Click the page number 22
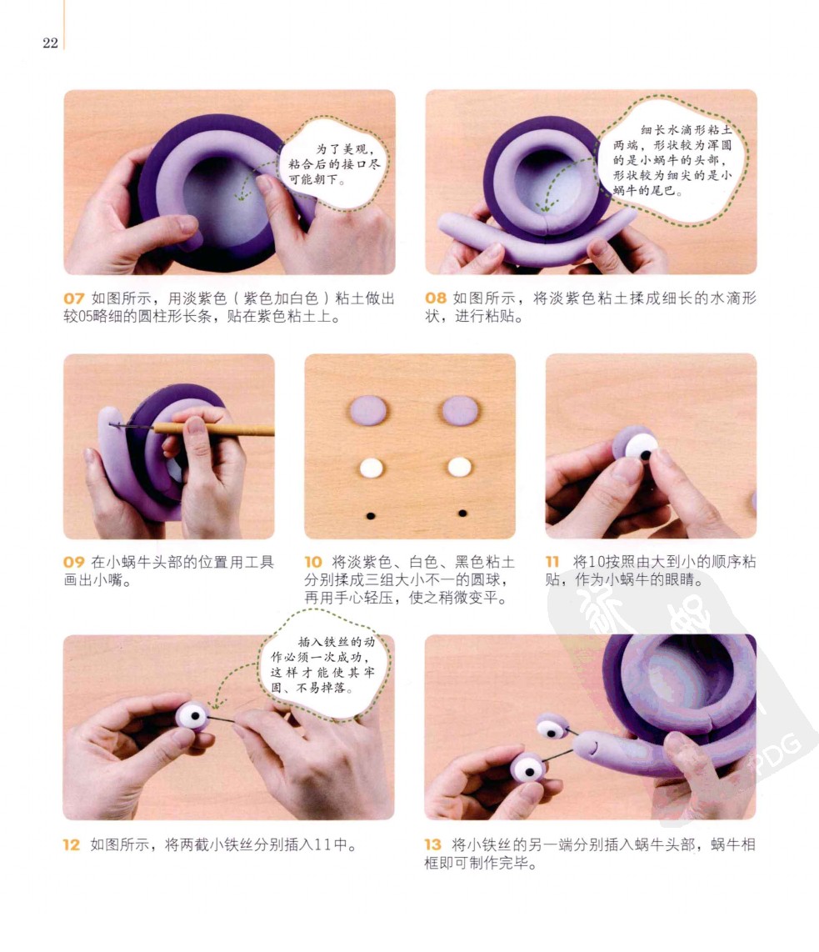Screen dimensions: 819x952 pyautogui.click(x=50, y=43)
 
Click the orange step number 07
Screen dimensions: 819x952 pyautogui.click(x=73, y=298)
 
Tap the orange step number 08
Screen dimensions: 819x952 pyautogui.click(x=436, y=298)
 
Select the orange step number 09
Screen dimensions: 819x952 pyautogui.click(x=73, y=562)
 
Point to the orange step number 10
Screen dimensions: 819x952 pyautogui.click(x=313, y=562)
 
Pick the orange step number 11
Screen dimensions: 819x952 pyautogui.click(x=552, y=562)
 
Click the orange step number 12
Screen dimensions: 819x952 pyautogui.click(x=72, y=844)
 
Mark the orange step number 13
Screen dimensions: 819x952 pyautogui.click(x=432, y=844)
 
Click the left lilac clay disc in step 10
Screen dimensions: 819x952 pyautogui.click(x=368, y=410)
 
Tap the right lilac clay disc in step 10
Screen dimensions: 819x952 pyautogui.click(x=461, y=410)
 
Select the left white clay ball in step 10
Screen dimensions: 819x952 pyautogui.click(x=372, y=468)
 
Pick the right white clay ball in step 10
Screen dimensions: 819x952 pyautogui.click(x=459, y=468)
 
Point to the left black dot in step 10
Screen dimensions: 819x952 pyautogui.click(x=371, y=516)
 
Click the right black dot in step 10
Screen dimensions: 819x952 pyautogui.click(x=463, y=514)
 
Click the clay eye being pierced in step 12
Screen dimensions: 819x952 pyautogui.click(x=193, y=716)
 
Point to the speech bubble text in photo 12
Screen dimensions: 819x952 pyautogui.click(x=322, y=665)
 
